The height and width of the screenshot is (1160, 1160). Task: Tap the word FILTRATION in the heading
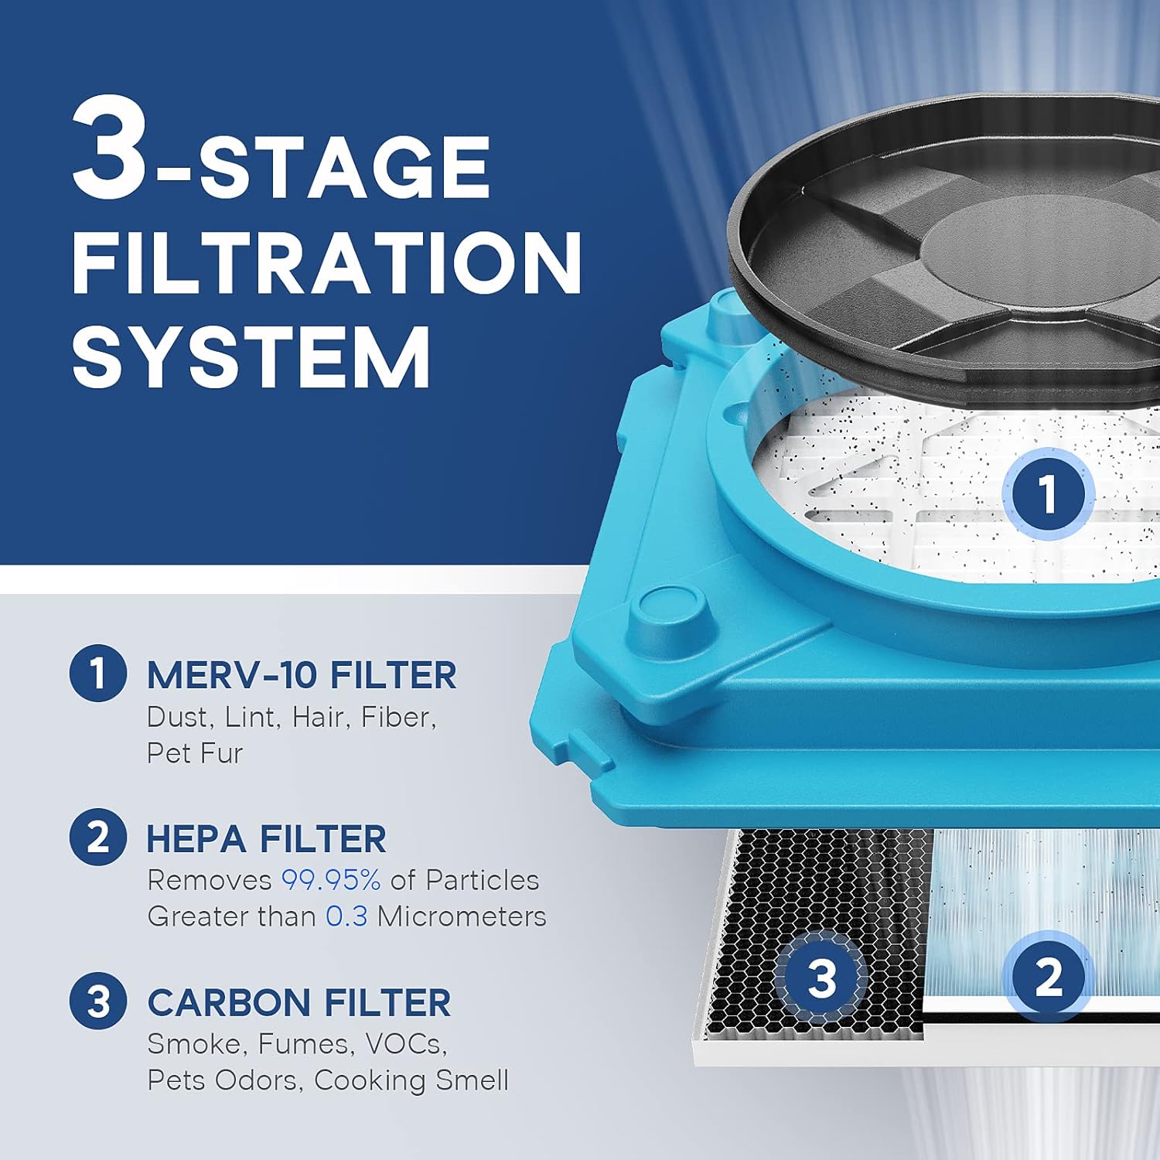tap(326, 262)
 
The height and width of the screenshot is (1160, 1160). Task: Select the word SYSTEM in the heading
tap(251, 357)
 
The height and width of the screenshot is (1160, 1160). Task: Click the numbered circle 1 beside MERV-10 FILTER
tap(97, 673)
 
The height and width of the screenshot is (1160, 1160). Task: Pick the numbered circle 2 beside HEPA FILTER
tap(97, 838)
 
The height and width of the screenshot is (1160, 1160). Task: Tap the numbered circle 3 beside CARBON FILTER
tap(97, 1001)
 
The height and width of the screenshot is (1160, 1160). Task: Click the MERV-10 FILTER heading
tap(302, 675)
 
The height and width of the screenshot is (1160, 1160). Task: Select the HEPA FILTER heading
tap(266, 839)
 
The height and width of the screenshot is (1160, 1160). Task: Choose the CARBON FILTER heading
tap(299, 1003)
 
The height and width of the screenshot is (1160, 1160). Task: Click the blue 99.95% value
tap(330, 880)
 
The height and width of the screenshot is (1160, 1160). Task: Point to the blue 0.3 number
tap(346, 916)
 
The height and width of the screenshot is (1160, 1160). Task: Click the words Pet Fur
tap(195, 753)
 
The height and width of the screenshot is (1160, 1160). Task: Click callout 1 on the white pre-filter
tap(1047, 493)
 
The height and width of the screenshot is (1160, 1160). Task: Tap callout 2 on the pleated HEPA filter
tap(1048, 977)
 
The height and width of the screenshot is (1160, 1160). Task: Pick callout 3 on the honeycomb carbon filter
tap(821, 977)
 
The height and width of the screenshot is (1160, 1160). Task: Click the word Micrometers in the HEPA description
tap(462, 916)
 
